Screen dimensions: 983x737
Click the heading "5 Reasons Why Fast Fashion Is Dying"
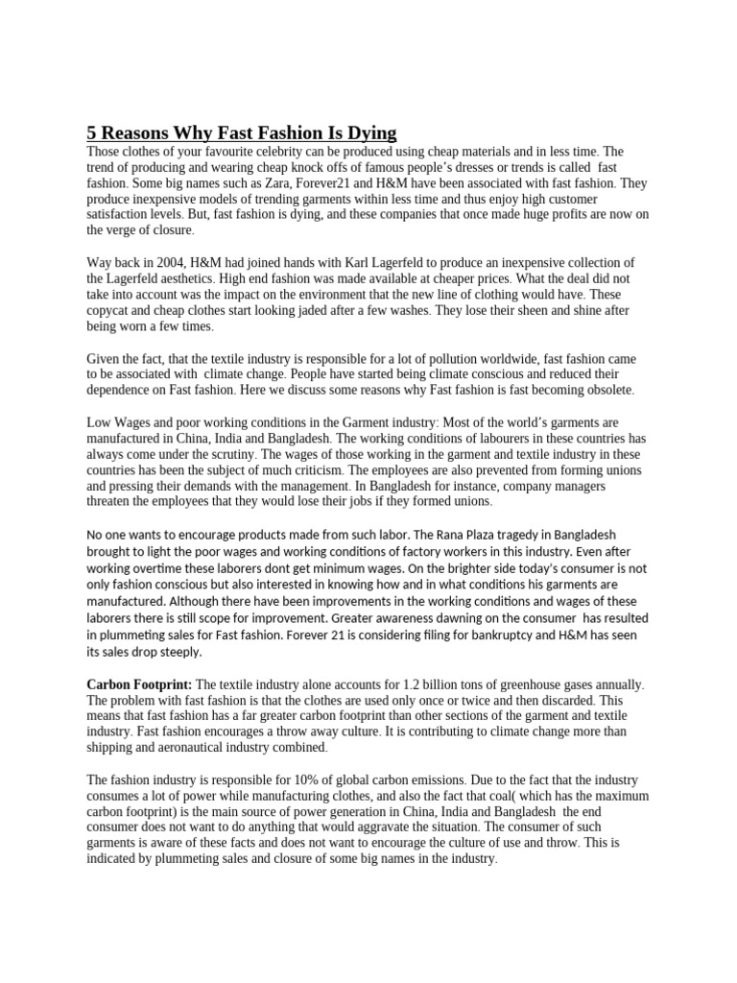(x=241, y=132)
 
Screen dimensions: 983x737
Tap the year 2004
(x=177, y=263)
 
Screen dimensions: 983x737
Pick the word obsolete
(x=606, y=390)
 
